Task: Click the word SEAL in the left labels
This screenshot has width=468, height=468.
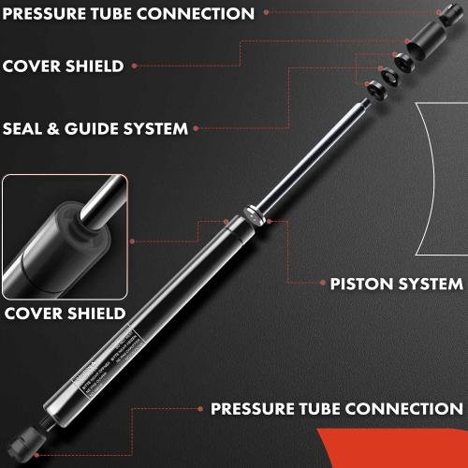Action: (24, 128)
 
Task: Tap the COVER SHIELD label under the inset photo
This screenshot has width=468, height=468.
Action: (65, 313)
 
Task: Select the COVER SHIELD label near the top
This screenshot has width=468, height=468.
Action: (63, 66)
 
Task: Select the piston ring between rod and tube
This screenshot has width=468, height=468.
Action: (253, 214)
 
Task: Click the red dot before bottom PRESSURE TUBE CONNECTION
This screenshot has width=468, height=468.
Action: (199, 410)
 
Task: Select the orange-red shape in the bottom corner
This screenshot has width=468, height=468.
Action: (393, 449)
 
